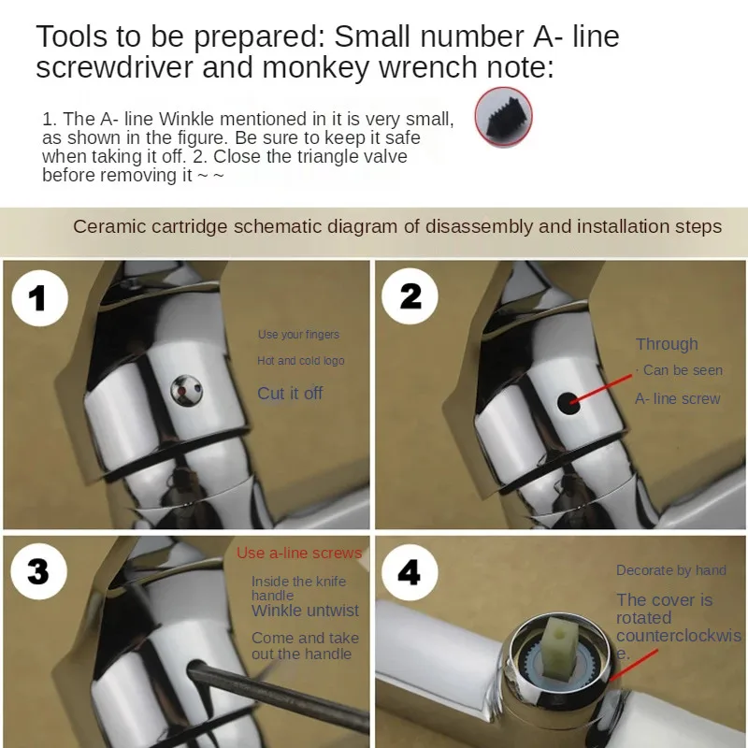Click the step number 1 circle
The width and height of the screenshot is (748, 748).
(x=40, y=298)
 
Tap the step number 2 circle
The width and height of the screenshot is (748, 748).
(x=410, y=296)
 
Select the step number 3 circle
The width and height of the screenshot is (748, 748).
(x=38, y=571)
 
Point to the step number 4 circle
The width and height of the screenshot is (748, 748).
(x=410, y=572)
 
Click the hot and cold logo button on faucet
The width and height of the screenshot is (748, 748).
(x=186, y=391)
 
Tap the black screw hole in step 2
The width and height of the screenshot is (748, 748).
(x=569, y=404)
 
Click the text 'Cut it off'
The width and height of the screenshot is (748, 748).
(x=290, y=394)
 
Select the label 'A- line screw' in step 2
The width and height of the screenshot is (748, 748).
(x=677, y=399)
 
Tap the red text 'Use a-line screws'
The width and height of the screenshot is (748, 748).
(x=299, y=553)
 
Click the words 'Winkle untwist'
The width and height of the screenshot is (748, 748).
(x=306, y=611)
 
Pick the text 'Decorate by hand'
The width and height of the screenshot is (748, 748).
(x=671, y=570)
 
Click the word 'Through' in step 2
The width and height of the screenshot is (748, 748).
(x=667, y=344)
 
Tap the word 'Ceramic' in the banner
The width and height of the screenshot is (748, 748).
(x=109, y=226)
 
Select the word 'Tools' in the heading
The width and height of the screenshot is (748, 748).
(x=72, y=36)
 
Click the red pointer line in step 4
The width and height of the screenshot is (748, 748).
(x=633, y=665)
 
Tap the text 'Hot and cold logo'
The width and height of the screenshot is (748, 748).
(x=300, y=361)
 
